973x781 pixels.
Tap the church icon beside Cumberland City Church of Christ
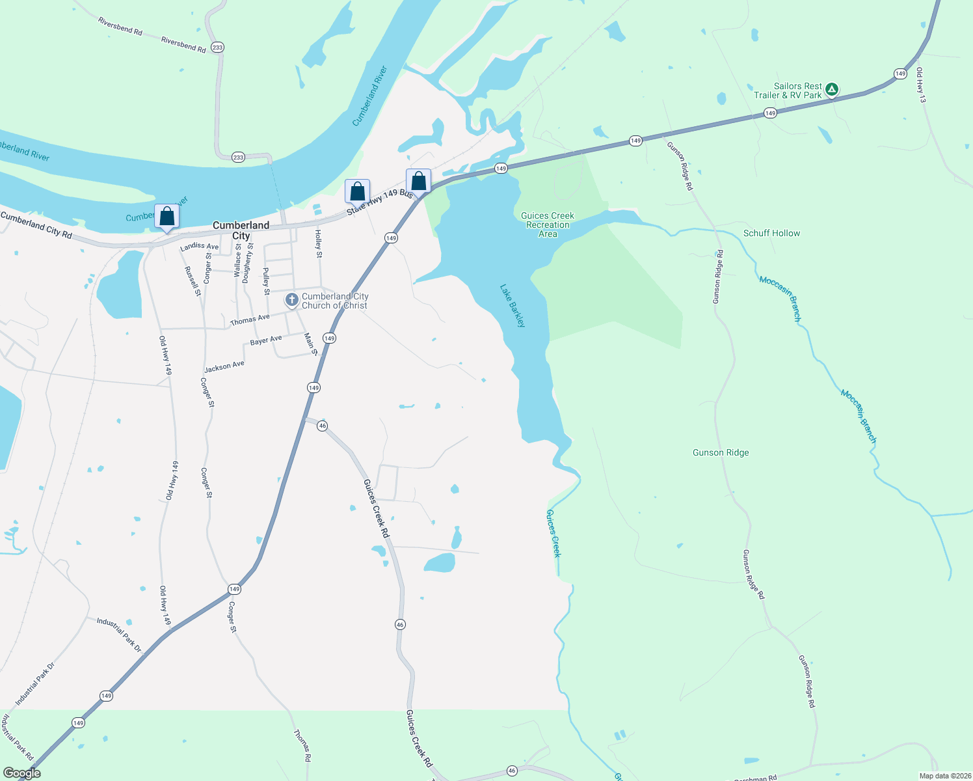pyautogui.click(x=292, y=300)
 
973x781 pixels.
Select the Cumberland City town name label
pyautogui.click(x=241, y=230)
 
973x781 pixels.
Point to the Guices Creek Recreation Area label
pyautogui.click(x=548, y=225)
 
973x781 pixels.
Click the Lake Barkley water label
pyautogui.click(x=513, y=305)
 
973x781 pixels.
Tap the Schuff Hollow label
pyautogui.click(x=771, y=233)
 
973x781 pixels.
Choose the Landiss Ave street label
pyautogui.click(x=199, y=247)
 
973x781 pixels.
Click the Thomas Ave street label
pyautogui.click(x=250, y=320)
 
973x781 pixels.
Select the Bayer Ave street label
pyautogui.click(x=266, y=340)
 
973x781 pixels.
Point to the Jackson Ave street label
pyautogui.click(x=224, y=366)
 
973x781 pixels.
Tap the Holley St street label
pyautogui.click(x=319, y=244)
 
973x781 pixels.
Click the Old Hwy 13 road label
pyautogui.click(x=920, y=85)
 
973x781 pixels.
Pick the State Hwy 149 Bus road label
pyautogui.click(x=380, y=202)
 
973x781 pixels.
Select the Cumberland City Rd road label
pyautogui.click(x=36, y=225)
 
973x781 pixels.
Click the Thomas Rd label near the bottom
pyautogui.click(x=302, y=745)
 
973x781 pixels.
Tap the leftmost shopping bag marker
pyautogui.click(x=167, y=216)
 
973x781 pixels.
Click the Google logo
pyautogui.click(x=21, y=773)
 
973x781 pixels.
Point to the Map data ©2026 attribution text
pyautogui.click(x=944, y=776)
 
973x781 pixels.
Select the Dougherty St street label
pyautogui.click(x=247, y=263)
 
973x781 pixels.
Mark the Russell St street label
pyautogui.click(x=193, y=281)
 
